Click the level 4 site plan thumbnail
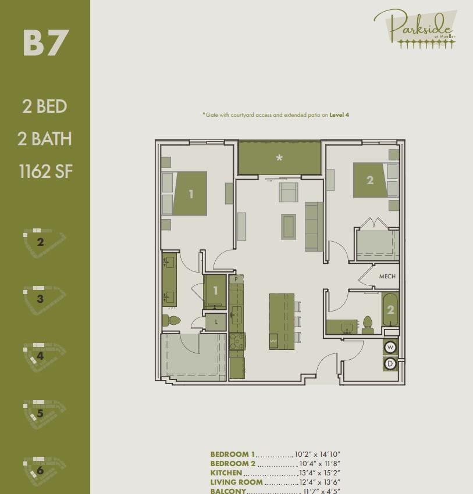point(43,355)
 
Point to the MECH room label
point(387,277)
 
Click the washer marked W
point(390,348)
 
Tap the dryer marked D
point(390,364)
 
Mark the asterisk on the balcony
point(279,158)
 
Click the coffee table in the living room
point(289,226)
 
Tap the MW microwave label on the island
point(273,341)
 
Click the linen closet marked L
point(216,322)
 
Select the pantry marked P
point(236,280)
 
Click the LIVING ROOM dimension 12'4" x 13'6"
point(319,482)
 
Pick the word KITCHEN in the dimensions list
point(226,473)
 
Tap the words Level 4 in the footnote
point(339,115)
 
